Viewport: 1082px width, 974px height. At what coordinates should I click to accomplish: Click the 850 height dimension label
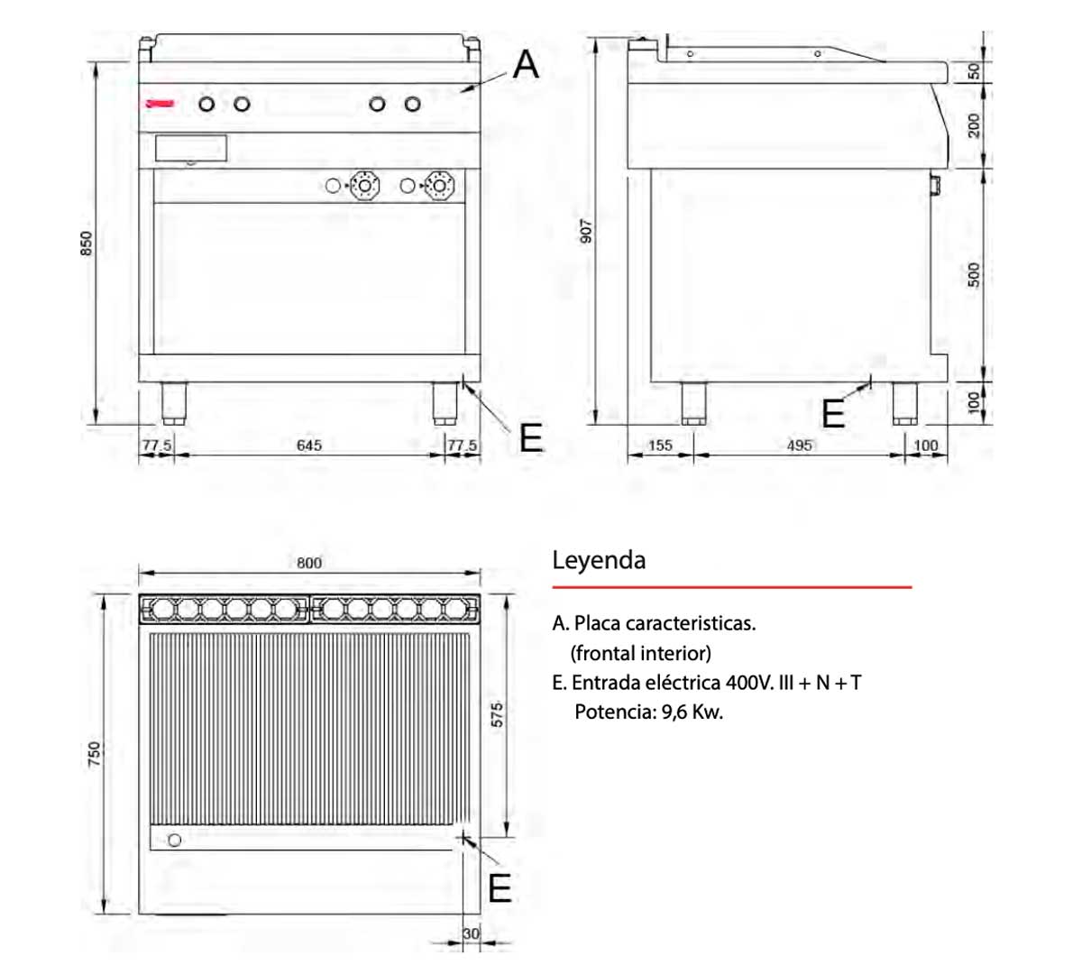pos(87,243)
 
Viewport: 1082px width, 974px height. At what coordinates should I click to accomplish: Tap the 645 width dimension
pos(309,446)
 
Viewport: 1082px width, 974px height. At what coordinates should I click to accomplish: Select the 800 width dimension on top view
pos(309,563)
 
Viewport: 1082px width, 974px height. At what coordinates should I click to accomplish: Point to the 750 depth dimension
pos(94,754)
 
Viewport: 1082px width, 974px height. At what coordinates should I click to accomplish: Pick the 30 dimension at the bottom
pos(471,933)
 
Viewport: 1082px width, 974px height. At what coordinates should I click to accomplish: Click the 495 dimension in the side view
pos(799,446)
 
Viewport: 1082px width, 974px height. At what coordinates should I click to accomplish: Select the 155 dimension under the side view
pos(660,446)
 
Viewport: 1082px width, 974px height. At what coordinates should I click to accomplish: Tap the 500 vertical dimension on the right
pos(974,274)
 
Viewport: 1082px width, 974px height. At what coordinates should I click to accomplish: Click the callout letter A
pos(526,65)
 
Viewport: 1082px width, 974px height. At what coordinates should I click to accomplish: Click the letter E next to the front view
pos(531,438)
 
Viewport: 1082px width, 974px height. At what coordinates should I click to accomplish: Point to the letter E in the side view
pos(833,414)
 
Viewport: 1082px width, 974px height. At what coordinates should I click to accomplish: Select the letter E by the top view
pos(500,889)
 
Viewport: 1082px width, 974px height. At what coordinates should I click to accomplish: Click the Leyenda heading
pos(599,560)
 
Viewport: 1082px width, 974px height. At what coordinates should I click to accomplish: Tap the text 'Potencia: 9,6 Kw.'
pos(648,712)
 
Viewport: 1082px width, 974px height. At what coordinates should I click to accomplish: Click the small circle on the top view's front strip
pos(175,840)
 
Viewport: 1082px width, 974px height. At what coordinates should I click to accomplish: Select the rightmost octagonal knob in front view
pos(441,186)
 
